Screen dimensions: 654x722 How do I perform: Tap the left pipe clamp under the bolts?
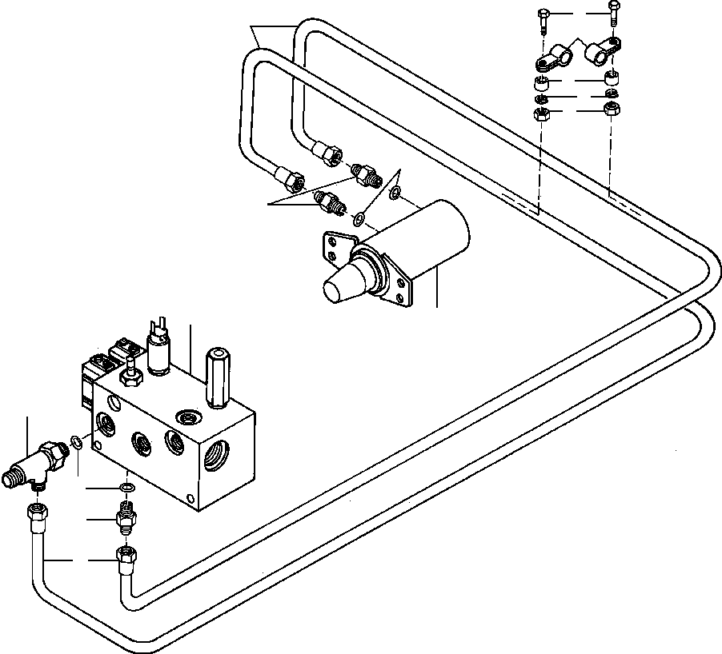click(x=552, y=60)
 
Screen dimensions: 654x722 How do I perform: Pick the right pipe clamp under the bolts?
click(x=603, y=53)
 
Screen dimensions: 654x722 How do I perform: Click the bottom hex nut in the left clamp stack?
click(x=540, y=114)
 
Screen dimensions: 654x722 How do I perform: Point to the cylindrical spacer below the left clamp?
click(x=542, y=83)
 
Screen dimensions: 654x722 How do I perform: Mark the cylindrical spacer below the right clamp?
click(x=612, y=78)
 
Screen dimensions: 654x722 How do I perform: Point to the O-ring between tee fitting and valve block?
click(x=75, y=441)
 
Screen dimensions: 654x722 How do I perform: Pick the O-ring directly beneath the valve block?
click(x=126, y=488)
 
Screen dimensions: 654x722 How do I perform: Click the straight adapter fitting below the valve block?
click(x=125, y=518)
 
